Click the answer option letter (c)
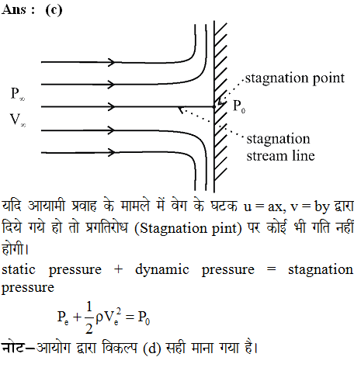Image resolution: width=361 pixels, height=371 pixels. (54, 10)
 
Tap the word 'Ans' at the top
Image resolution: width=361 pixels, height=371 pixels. (14, 10)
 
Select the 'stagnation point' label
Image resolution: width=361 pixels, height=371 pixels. (295, 78)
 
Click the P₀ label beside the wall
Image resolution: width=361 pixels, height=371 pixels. (239, 106)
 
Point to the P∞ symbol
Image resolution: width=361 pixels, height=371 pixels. (18, 93)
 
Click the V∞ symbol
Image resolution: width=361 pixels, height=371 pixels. (18, 120)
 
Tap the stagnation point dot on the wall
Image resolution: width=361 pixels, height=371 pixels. (214, 106)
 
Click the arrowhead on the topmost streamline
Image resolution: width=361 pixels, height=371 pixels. (112, 62)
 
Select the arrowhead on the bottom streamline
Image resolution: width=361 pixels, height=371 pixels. (112, 152)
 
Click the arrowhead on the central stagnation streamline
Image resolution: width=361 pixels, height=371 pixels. (112, 106)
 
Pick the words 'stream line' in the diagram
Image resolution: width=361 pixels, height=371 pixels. (280, 156)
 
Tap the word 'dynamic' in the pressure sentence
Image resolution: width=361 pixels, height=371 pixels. (162, 270)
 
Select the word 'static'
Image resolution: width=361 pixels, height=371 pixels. (19, 269)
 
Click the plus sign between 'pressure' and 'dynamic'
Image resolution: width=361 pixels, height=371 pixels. (118, 269)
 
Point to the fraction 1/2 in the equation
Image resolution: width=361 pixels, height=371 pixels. (89, 317)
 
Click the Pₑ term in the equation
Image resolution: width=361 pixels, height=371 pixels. (63, 317)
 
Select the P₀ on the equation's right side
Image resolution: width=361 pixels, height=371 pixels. (144, 317)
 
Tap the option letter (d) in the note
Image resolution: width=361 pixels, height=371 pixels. (152, 348)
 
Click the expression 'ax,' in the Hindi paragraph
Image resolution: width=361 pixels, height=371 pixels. (277, 207)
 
